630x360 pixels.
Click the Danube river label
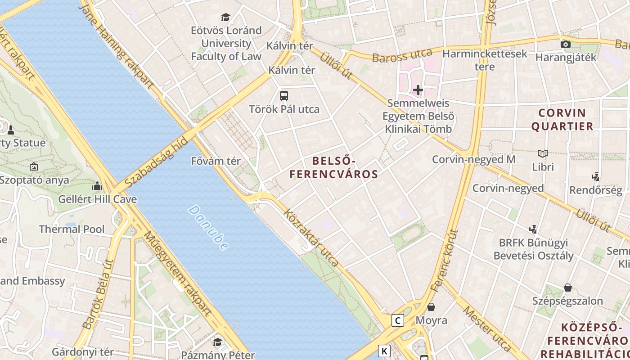point(208,228)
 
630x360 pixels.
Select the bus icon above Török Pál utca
point(284,95)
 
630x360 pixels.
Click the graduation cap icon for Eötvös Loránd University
point(225,18)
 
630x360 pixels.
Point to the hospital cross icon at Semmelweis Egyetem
point(418,90)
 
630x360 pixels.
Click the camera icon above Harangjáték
point(566,44)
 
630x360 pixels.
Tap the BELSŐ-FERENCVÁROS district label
point(333,167)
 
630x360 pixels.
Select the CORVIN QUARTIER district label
point(562,119)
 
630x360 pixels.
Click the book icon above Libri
point(543,153)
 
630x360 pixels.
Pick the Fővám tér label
point(216,161)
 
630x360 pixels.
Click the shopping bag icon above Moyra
point(431,307)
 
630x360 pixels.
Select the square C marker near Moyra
point(397,320)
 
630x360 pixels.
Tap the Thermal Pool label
point(72,229)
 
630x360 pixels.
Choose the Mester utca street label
point(487,328)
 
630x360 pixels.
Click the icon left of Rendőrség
point(596,176)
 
